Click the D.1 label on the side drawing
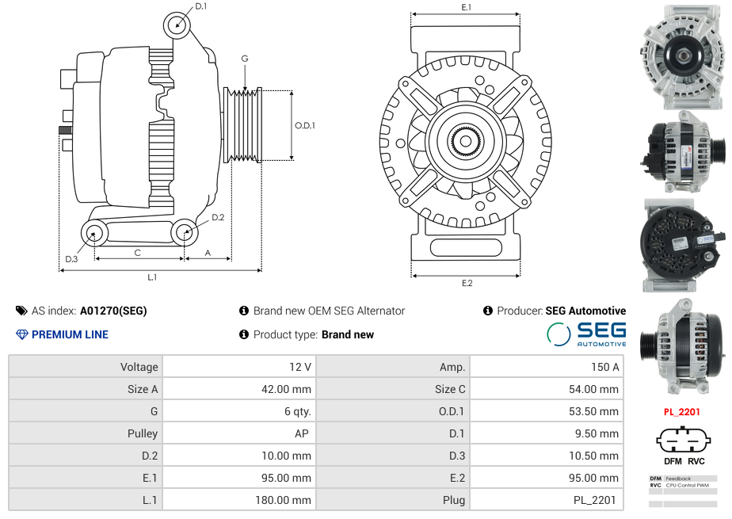coord(200,6)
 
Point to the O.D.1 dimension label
coord(305,125)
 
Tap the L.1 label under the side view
coord(152,277)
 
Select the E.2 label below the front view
coord(467,283)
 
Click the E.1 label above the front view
coord(467,7)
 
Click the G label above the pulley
coord(245,59)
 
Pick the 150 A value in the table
coord(605,367)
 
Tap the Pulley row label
coord(143,433)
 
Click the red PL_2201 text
coord(682,412)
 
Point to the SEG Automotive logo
coord(586,334)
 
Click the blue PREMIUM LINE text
coord(70,334)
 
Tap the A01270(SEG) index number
coord(113,311)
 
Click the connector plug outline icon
coord(684,439)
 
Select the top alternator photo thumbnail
coord(683,57)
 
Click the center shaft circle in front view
coord(466,141)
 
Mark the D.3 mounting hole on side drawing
coord(93,232)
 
